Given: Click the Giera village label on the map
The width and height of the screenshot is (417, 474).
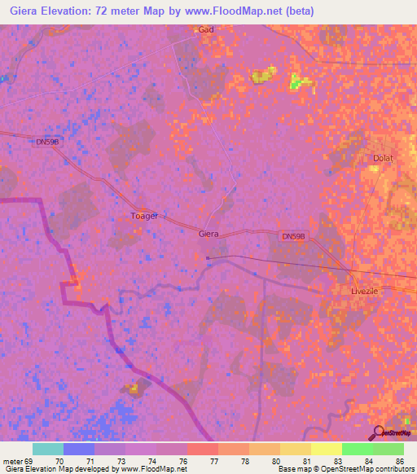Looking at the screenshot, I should (x=208, y=234).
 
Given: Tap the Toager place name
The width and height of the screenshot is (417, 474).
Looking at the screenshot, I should (x=144, y=216).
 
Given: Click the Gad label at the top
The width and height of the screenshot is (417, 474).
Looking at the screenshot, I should (x=205, y=29).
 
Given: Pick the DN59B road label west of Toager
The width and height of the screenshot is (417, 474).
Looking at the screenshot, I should (x=48, y=142).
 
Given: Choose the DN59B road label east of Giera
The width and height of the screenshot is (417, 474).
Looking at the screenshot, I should (x=293, y=236).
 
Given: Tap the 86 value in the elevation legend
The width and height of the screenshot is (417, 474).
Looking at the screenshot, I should (x=400, y=461).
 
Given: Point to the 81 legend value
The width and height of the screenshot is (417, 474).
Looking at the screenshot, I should (x=311, y=461).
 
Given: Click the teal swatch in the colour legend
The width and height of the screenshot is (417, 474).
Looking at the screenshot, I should (x=48, y=449).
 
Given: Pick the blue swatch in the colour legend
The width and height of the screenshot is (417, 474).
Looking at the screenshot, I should (x=79, y=449).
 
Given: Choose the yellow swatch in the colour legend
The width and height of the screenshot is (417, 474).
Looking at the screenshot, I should (x=327, y=449).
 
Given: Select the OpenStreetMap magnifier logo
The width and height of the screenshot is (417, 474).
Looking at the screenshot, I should (x=378, y=432).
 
